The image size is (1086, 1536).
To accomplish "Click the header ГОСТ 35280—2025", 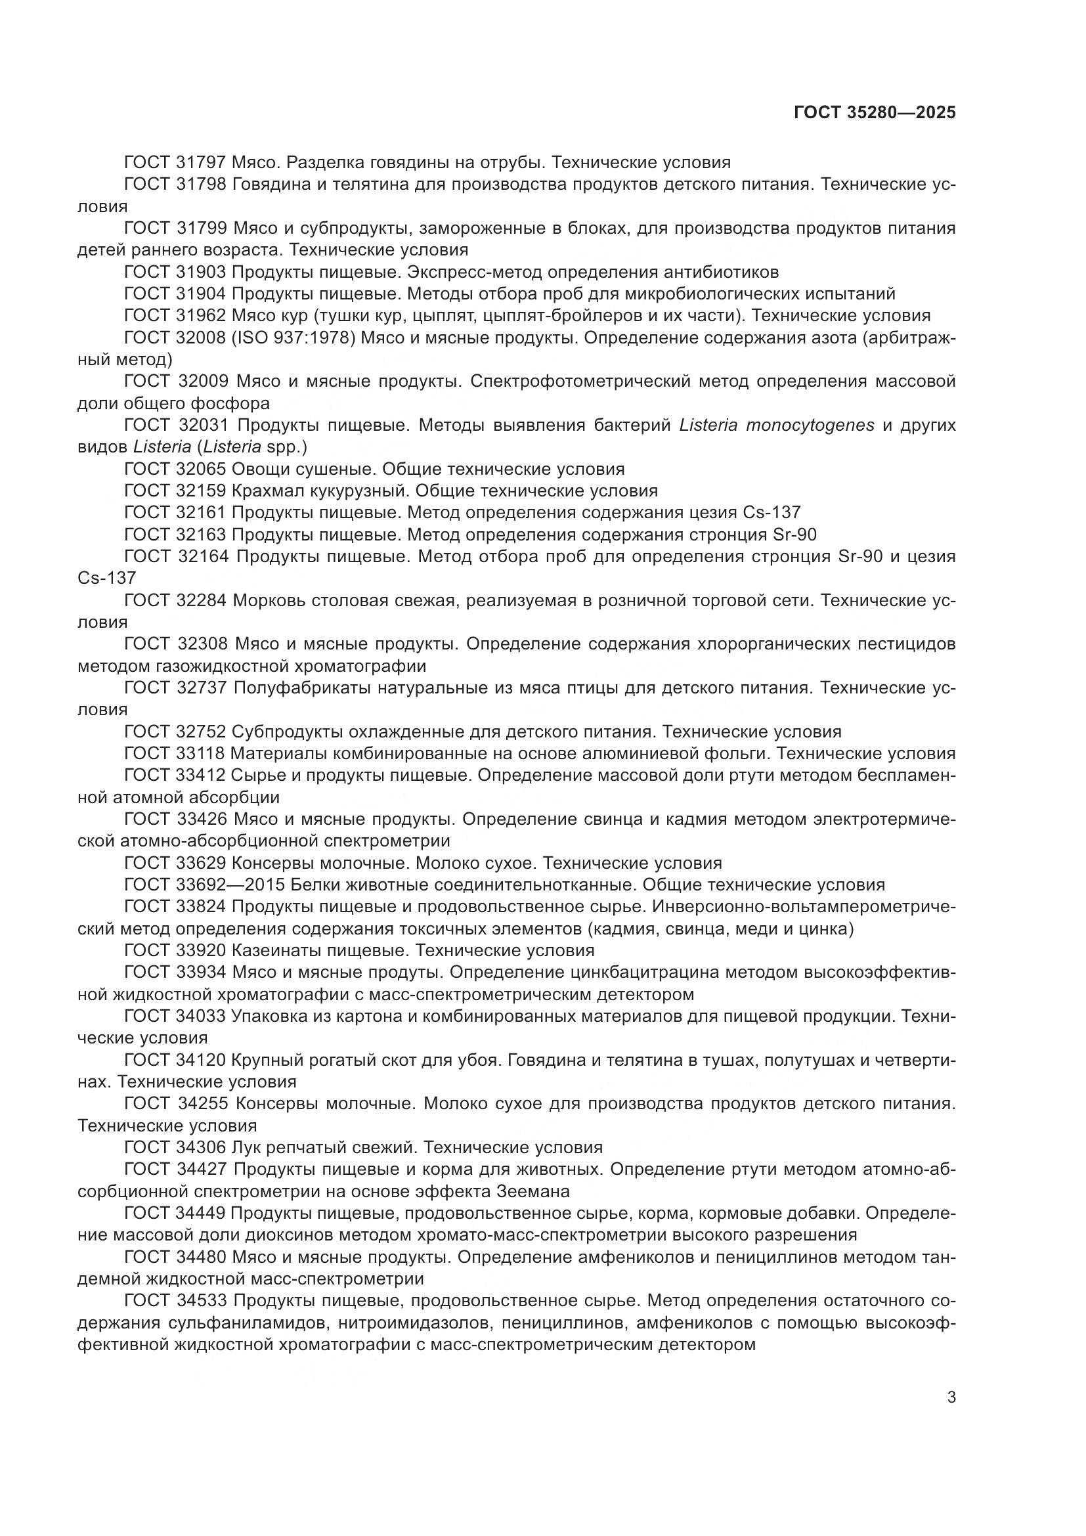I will [875, 112].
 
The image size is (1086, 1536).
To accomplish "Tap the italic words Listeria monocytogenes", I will [776, 426].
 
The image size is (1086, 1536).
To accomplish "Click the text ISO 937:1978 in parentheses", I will [293, 338].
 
